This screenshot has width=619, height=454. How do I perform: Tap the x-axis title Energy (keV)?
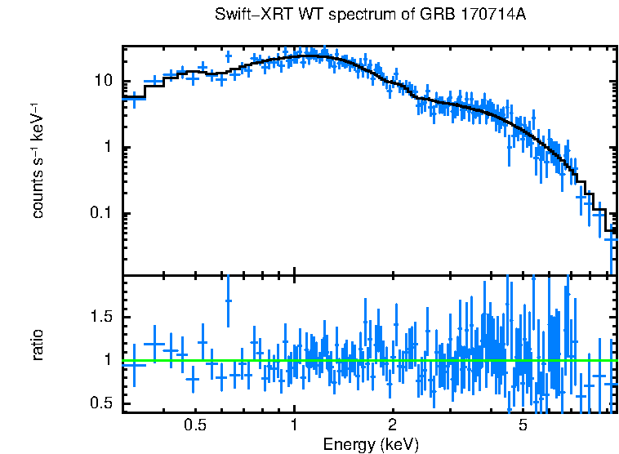[371, 444]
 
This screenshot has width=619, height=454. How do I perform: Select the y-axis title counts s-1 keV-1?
[38, 160]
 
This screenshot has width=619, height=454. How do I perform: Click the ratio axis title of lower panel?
[38, 344]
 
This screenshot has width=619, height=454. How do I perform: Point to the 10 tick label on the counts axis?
[104, 81]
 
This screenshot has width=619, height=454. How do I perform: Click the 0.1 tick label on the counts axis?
[101, 214]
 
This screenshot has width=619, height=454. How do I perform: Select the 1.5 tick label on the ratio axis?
[101, 316]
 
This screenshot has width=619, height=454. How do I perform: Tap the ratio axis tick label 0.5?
[101, 403]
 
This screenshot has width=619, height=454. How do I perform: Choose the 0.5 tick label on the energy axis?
[194, 425]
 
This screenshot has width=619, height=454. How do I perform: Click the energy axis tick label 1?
[294, 425]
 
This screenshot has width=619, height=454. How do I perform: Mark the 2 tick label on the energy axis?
[393, 425]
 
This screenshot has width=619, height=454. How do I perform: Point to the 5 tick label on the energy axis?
[523, 425]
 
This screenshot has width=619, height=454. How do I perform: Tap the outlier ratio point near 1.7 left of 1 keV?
[228, 300]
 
